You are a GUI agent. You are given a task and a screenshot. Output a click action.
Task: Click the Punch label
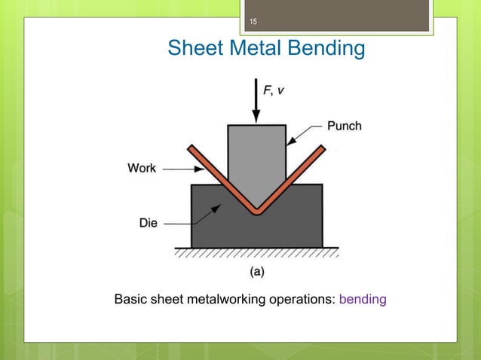coord(344,126)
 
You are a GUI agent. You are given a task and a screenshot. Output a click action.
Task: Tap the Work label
coord(141,168)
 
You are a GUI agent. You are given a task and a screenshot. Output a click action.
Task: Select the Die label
coord(149,223)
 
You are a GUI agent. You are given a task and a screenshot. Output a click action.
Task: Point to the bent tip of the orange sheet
coord(257,211)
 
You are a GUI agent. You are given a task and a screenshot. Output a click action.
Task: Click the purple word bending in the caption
coord(363,300)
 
